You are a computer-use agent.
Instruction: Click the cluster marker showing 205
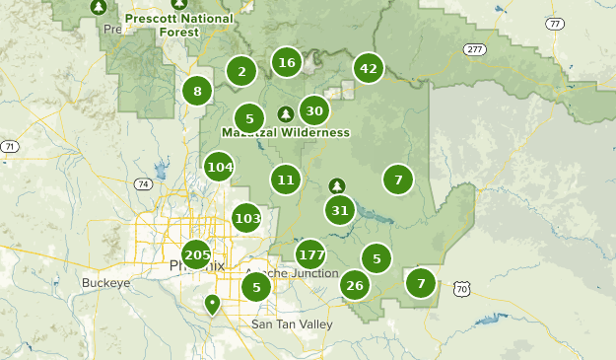197,254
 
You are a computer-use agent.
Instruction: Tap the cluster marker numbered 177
310,253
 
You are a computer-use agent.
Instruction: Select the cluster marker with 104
219,167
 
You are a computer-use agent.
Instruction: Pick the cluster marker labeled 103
247,218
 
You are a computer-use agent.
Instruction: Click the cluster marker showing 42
369,68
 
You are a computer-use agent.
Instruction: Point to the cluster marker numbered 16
287,63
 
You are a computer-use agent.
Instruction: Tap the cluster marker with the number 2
241,71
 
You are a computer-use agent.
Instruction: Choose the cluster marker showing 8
197,92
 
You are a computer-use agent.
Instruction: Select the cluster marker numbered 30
314,110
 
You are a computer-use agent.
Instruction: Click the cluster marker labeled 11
286,180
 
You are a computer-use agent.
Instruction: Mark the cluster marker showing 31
340,210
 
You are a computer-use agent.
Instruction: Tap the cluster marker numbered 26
355,286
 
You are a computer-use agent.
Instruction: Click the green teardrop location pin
211,304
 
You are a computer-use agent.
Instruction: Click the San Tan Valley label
292,324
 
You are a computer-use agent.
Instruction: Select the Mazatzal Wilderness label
285,132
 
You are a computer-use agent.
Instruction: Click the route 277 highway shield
477,49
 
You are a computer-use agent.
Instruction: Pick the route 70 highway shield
461,289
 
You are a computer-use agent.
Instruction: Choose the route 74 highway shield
144,183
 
